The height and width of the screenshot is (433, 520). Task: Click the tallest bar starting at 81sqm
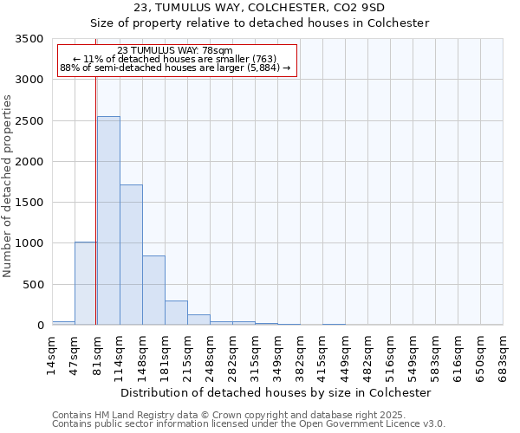tap(108, 221)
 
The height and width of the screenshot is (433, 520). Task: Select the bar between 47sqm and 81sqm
tap(86, 283)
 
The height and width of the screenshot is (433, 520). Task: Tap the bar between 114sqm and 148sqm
tap(131, 255)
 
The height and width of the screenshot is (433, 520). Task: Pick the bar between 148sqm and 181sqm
tap(153, 290)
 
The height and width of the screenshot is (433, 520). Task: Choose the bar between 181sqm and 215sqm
tap(176, 313)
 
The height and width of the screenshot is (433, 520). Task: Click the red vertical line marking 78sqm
tap(95, 173)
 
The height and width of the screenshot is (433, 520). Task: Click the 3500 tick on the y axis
tap(30, 39)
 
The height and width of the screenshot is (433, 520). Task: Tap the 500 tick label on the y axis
tap(34, 285)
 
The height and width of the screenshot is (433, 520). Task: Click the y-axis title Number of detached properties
tap(9, 182)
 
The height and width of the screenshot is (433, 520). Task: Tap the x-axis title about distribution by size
tap(276, 392)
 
